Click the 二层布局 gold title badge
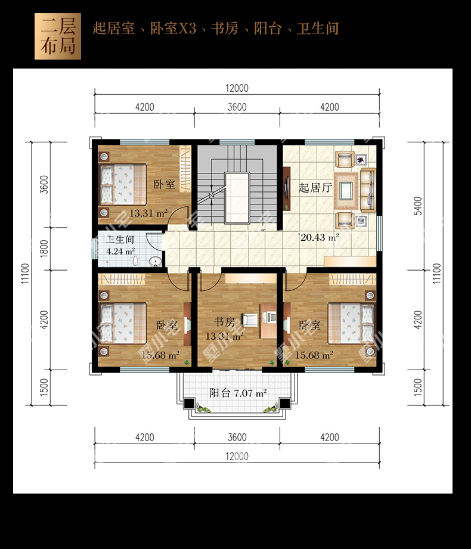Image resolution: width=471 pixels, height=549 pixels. tap(58, 36)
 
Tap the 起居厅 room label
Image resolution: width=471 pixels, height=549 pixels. tap(315, 188)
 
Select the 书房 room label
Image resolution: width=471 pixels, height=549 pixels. tap(224, 321)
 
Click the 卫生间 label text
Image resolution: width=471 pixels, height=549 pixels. tap(120, 240)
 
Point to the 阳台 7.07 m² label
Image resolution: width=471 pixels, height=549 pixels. tap(238, 393)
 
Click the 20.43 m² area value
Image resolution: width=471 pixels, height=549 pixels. tap(320, 237)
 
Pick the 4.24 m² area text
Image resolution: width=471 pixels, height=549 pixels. tap(120, 251)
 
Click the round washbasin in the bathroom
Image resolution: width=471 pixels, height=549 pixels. tap(155, 261)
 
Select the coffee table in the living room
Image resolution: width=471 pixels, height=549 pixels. tap(346, 191)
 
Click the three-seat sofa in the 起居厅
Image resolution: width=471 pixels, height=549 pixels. tap(368, 190)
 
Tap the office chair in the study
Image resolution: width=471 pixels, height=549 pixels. tap(250, 319)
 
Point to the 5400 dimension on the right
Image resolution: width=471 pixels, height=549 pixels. tap(418, 206)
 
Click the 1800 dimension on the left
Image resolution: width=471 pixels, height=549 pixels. tap(44, 248)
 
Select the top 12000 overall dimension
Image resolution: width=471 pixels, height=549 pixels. tap(237, 88)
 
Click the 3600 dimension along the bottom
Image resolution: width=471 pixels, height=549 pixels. tap(237, 438)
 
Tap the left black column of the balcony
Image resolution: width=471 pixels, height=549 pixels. tap(189, 403)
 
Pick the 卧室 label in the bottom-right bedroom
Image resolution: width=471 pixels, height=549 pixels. tap(309, 324)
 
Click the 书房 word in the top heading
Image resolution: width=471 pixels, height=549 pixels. tap(225, 29)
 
